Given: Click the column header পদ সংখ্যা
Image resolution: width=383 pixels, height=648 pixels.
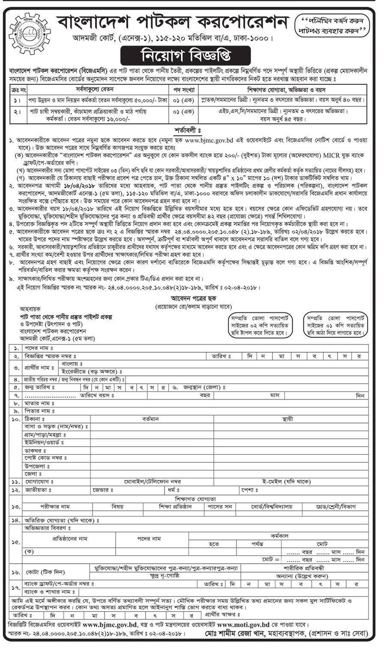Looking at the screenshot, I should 184,90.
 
